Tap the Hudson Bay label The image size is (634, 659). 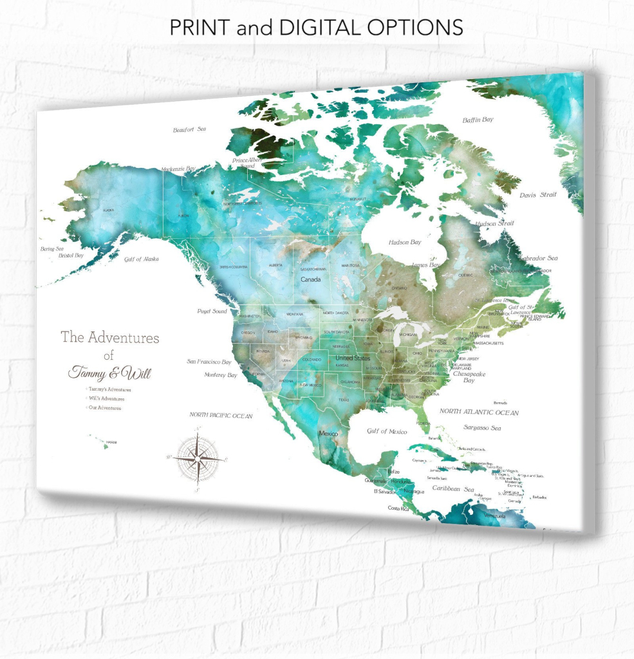[405, 243]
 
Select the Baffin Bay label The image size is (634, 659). [478, 120]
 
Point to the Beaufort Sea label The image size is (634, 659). [189, 130]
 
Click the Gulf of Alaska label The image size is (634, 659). [142, 259]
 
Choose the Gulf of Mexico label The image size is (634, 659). [386, 431]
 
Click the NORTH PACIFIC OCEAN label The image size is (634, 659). [221, 416]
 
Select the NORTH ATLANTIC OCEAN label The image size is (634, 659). [479, 411]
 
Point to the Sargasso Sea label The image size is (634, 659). [482, 427]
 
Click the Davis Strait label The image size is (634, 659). [537, 194]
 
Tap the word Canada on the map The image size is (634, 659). [311, 279]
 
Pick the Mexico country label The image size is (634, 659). [328, 434]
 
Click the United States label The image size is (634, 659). [353, 358]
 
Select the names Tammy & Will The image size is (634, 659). [109, 373]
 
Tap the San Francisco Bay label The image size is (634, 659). [209, 362]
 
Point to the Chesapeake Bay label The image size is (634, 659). [469, 376]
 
